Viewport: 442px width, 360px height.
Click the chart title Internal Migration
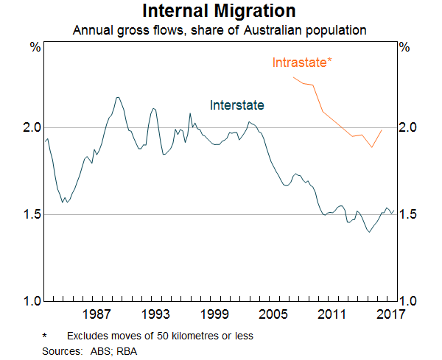[x=220, y=12]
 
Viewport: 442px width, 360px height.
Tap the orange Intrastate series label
[x=302, y=62]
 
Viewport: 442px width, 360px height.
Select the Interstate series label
[x=236, y=105]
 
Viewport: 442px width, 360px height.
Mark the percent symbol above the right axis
[x=404, y=47]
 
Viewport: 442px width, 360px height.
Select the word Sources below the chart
[x=61, y=351]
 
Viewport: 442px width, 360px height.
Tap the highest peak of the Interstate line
[x=118, y=96]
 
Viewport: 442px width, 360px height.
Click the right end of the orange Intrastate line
[x=382, y=130]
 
